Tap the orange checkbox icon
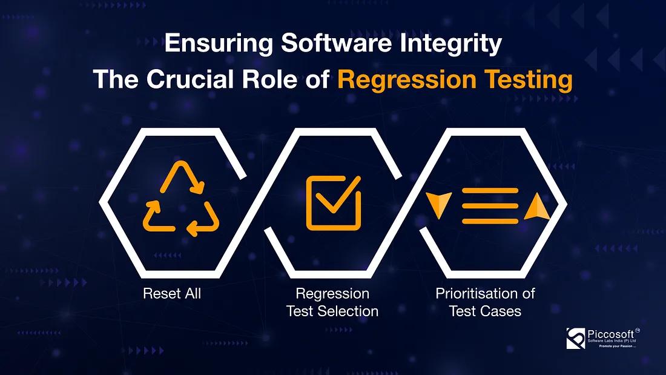coord(333,202)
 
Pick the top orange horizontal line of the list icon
coord(490,191)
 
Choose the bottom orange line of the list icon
coord(490,221)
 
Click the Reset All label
coord(172,294)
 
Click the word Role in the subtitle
coord(275,80)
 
